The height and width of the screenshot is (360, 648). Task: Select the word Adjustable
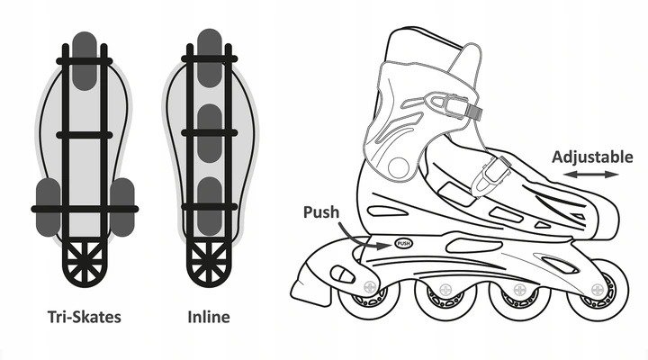pyautogui.click(x=591, y=156)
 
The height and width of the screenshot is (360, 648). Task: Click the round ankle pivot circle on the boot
pyautogui.click(x=396, y=165)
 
